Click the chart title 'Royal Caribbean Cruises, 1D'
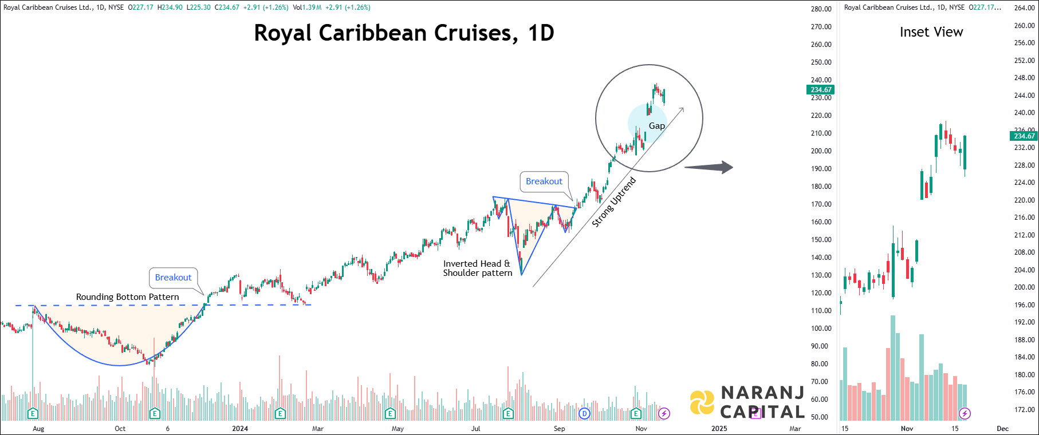[404, 33]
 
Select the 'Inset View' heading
[931, 32]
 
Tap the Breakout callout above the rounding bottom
[173, 278]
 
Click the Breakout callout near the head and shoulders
[544, 181]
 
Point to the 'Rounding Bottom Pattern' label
[127, 297]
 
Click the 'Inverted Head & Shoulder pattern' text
[477, 268]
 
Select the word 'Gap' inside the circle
[657, 126]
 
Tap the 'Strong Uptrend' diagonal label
[613, 203]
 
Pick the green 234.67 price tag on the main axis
[820, 90]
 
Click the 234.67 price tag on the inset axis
[1024, 136]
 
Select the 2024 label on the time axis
[240, 429]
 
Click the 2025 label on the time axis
[719, 429]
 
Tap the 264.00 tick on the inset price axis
[1024, 8]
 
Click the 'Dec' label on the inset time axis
[1002, 429]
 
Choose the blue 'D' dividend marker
[584, 413]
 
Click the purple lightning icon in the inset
[965, 413]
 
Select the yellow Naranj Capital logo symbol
[702, 402]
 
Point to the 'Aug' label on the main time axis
[38, 429]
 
